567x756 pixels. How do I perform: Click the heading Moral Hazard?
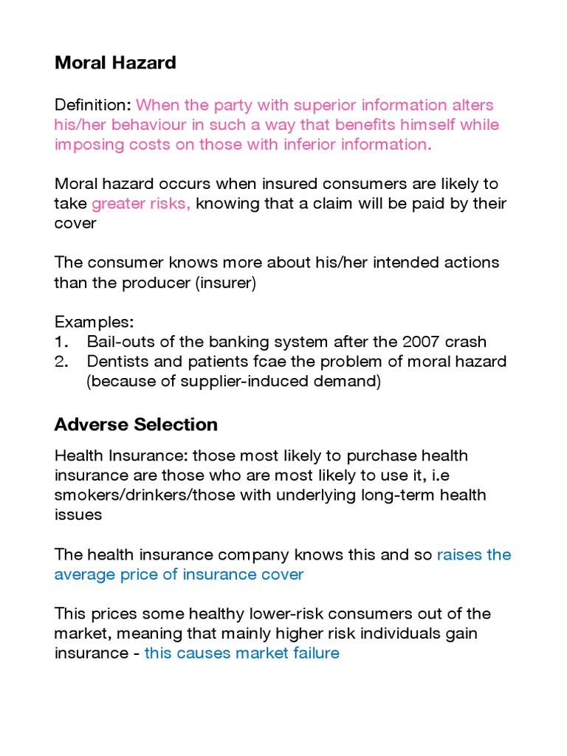(115, 63)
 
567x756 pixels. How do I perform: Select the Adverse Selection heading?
(136, 425)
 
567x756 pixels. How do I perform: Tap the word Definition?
(93, 105)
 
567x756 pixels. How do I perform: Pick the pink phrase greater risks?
(141, 203)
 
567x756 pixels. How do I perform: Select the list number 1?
(61, 342)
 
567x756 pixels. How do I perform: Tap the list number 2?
(62, 362)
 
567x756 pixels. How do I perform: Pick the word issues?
(78, 515)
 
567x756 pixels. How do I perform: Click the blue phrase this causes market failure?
(242, 653)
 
